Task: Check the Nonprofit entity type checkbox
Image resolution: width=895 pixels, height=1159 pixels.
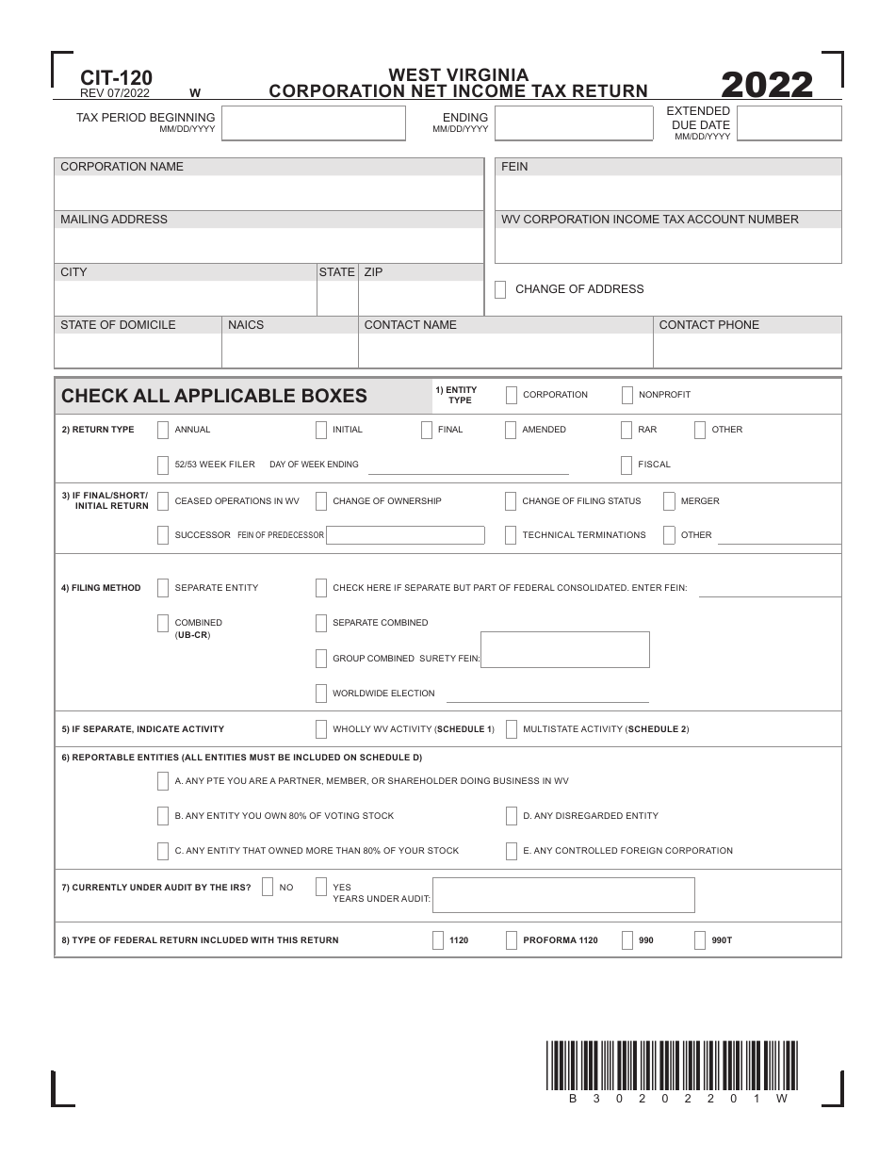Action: click(627, 395)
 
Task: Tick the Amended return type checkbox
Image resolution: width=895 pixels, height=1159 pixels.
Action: click(511, 430)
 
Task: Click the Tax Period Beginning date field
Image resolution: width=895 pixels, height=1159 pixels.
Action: click(314, 123)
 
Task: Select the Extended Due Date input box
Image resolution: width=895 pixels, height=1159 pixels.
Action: click(789, 123)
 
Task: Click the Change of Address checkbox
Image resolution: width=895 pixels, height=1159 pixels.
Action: click(500, 289)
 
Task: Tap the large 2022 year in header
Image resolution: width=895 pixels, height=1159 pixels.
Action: click(767, 85)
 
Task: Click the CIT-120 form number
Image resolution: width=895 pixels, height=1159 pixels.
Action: click(117, 78)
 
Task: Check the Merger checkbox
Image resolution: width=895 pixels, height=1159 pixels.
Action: click(669, 501)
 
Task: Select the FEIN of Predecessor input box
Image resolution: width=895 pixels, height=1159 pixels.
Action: click(405, 535)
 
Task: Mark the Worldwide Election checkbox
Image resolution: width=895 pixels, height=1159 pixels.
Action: click(321, 694)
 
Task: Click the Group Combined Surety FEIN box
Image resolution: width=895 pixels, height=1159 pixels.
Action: click(565, 649)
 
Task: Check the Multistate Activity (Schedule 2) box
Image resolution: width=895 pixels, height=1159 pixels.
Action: click(512, 729)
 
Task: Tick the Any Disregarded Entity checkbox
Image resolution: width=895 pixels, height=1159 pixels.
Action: click(512, 816)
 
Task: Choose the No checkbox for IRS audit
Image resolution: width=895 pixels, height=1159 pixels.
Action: click(268, 887)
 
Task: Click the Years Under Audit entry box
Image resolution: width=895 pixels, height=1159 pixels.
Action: click(563, 895)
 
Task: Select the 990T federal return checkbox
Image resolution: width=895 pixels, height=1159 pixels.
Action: click(700, 940)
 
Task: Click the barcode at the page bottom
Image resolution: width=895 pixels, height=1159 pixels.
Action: click(671, 1066)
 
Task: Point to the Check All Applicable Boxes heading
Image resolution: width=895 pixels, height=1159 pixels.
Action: click(214, 396)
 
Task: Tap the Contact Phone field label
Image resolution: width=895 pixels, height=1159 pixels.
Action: click(708, 325)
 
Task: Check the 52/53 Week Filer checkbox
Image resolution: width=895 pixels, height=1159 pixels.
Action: click(163, 465)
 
